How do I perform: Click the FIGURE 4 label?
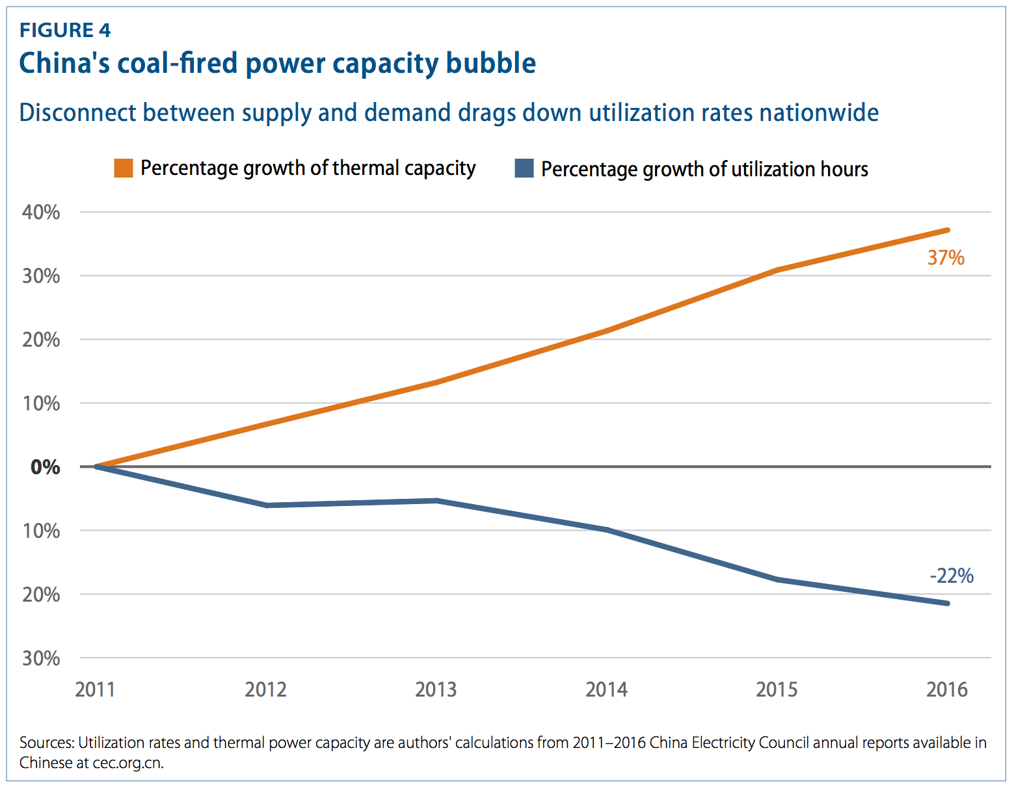click(65, 31)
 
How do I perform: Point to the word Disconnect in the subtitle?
click(78, 113)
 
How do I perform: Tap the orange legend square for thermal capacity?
click(124, 168)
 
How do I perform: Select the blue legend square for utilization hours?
click(524, 168)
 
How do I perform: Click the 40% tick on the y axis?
click(41, 212)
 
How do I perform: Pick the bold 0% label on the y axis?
click(45, 467)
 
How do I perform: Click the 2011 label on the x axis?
click(95, 689)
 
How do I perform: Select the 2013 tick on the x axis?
click(436, 689)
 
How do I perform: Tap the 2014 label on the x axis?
click(606, 689)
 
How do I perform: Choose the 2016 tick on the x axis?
click(947, 689)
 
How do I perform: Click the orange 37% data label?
click(946, 258)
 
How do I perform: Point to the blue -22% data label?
click(952, 576)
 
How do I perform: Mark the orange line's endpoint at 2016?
click(948, 230)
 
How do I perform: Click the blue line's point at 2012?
click(267, 505)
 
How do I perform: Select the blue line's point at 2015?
click(777, 580)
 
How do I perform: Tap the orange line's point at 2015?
click(777, 270)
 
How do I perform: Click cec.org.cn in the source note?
click(127, 763)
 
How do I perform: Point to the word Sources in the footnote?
click(46, 743)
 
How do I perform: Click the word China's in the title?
click(64, 63)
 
